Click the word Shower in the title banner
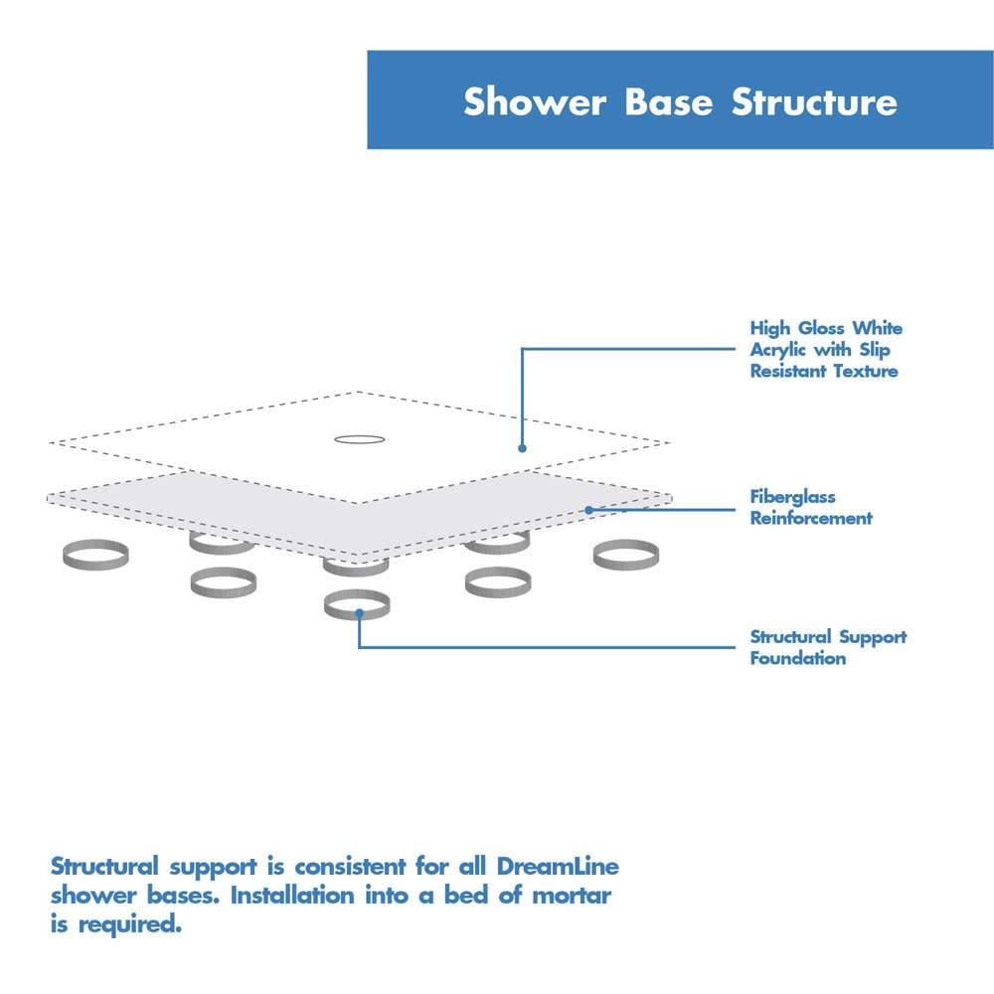click(536, 102)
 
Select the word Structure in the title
click(814, 102)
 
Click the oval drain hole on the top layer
click(358, 438)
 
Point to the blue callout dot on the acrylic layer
click(523, 448)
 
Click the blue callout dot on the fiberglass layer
click(588, 510)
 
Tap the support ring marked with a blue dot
click(357, 604)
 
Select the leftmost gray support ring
click(95, 556)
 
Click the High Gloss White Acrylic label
click(825, 349)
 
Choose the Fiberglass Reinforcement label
click(810, 507)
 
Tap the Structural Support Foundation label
click(827, 647)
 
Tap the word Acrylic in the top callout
click(779, 350)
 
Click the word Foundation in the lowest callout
click(797, 658)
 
